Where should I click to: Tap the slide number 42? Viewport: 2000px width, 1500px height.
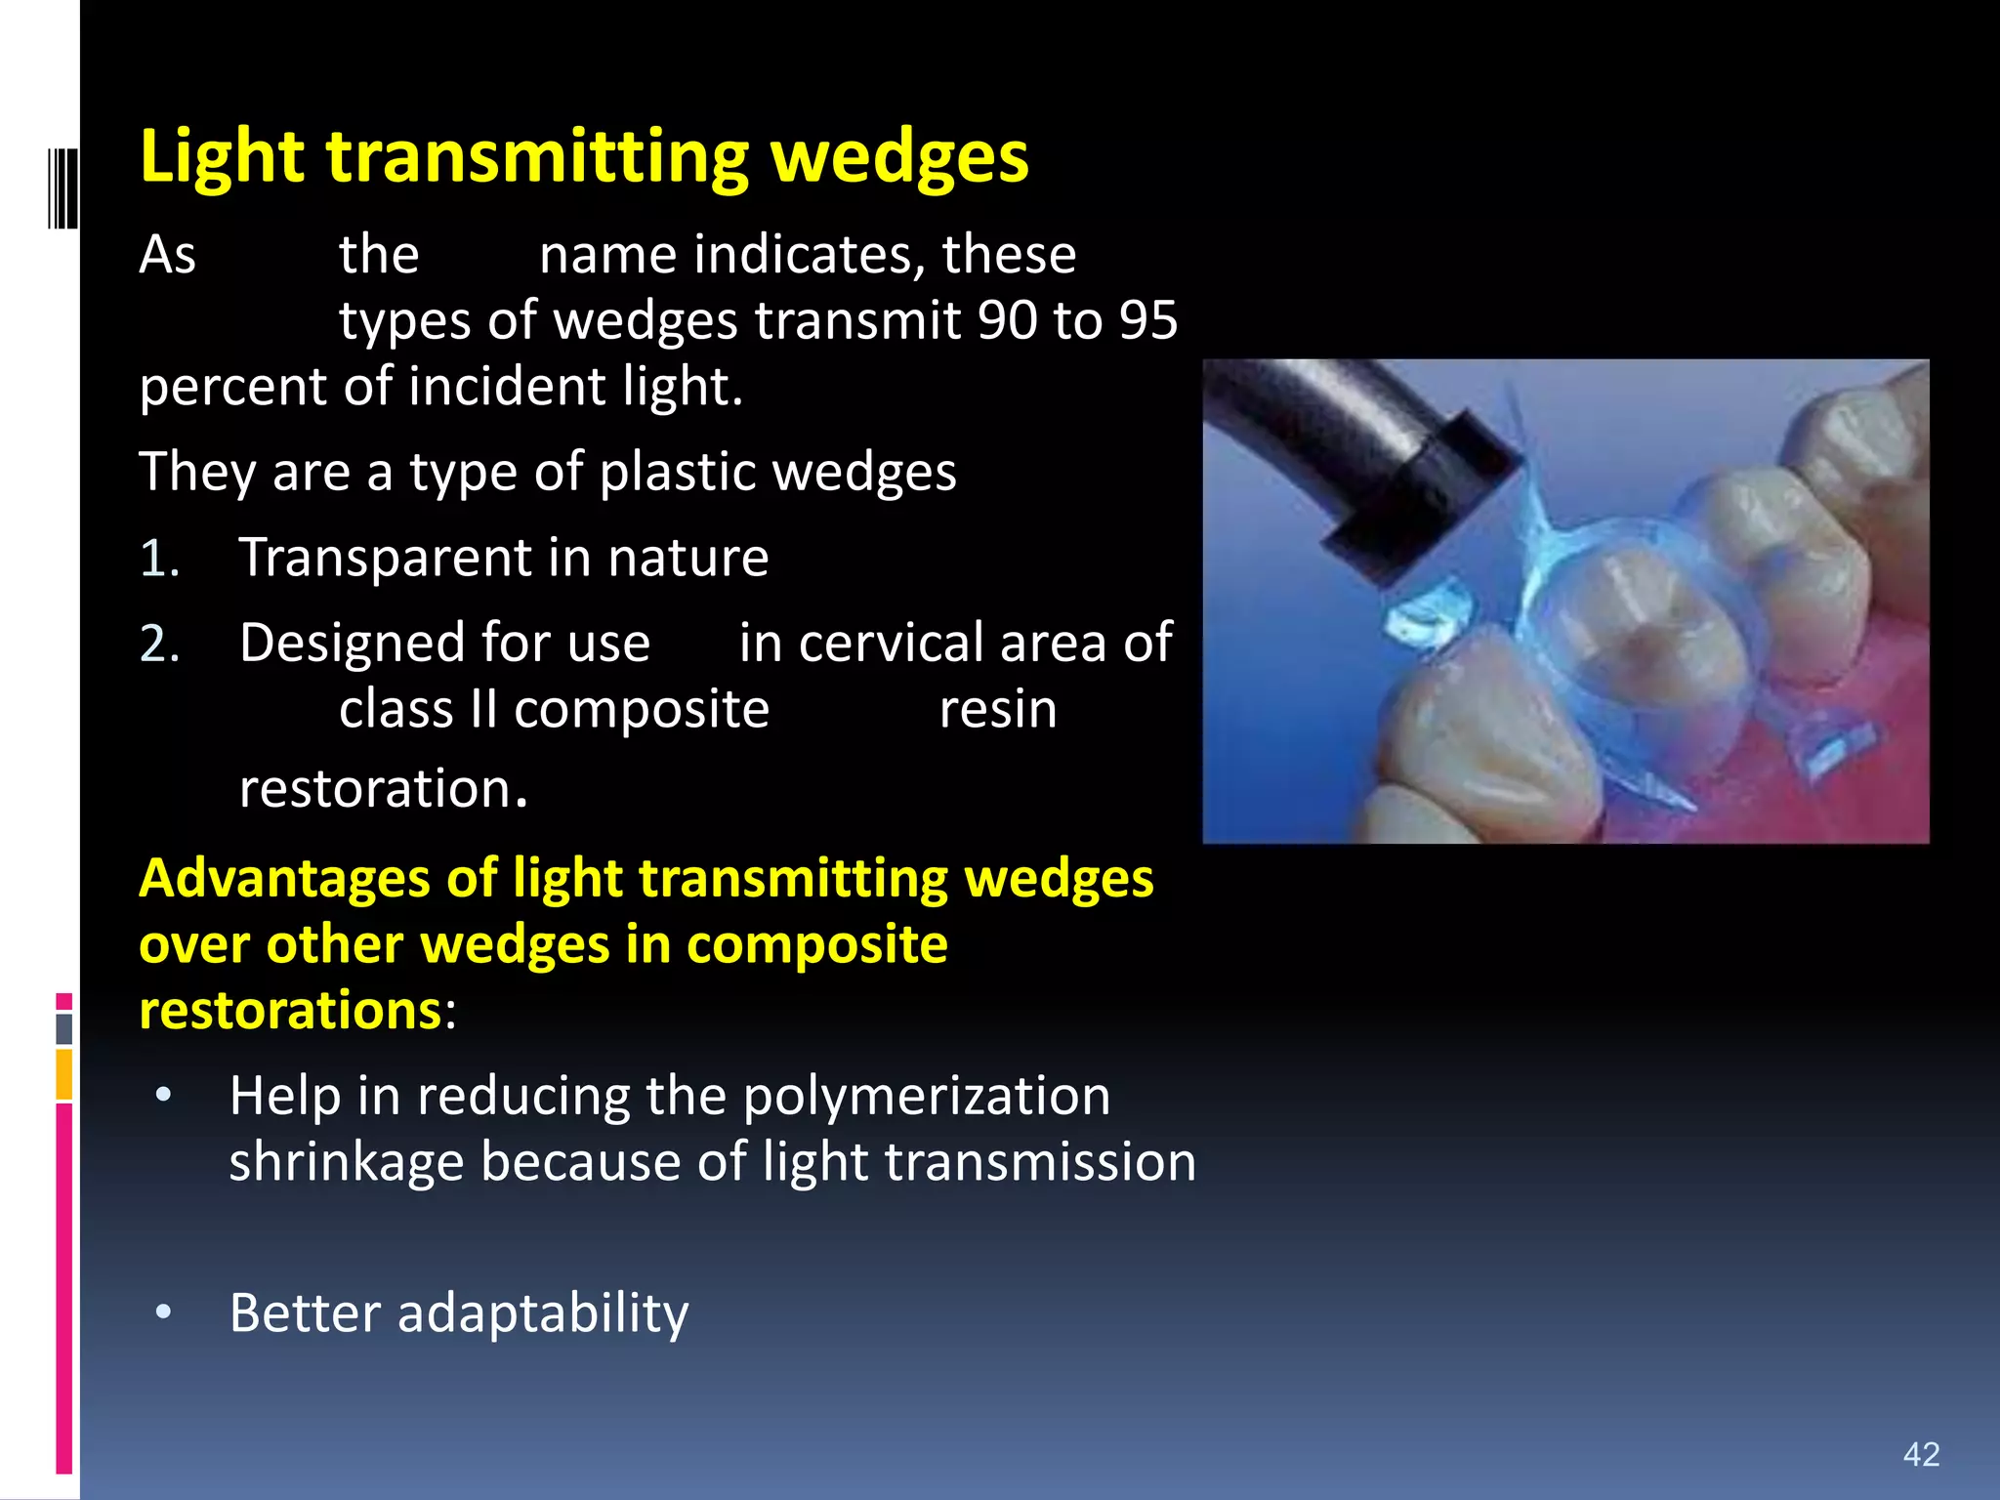1921,1454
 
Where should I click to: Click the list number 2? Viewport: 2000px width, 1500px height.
158,645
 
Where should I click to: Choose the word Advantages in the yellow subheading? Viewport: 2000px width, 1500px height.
284,878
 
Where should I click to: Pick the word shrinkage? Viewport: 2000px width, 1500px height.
345,1162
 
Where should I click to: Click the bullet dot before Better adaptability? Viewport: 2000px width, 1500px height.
164,1312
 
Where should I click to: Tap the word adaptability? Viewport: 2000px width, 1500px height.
543,1312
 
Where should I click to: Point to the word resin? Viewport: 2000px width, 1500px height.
997,710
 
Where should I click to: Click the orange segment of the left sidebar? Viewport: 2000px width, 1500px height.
63,1073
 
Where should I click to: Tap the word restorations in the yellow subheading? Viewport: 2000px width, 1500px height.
290,1010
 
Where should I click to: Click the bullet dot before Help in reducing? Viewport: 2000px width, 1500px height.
164,1096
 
